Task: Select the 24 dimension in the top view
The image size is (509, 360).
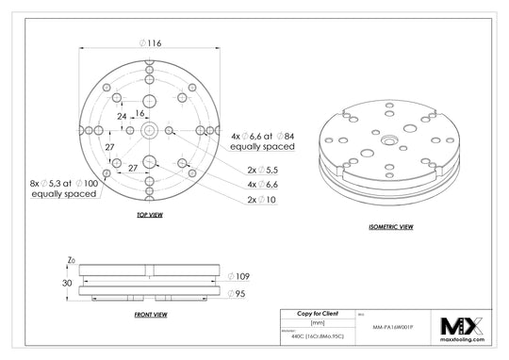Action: coord(121,116)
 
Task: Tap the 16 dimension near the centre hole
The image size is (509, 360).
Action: coord(140,112)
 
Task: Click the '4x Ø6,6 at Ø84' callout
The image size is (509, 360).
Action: coord(264,141)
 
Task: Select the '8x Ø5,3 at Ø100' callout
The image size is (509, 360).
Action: coord(65,188)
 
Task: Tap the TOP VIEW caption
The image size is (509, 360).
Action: coord(150,217)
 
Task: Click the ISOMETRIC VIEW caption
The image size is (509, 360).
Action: coord(389,228)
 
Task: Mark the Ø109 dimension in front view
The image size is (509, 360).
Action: coord(238,277)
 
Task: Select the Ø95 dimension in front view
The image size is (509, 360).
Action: coord(238,294)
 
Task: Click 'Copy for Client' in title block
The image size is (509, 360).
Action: coord(319,312)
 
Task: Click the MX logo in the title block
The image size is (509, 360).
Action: coord(462,325)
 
